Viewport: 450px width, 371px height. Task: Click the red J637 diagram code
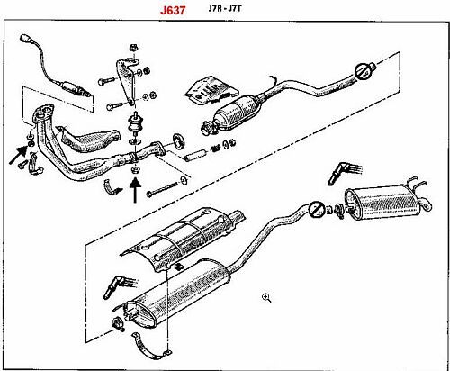[173, 10]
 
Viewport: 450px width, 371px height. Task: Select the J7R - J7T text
[225, 8]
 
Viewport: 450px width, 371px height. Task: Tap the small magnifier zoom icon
[266, 298]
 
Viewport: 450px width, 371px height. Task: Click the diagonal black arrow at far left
[19, 155]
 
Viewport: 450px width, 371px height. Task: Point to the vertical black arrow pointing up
[135, 191]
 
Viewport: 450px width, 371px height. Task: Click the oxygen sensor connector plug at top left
[25, 39]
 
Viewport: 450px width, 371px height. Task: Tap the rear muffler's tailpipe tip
[427, 204]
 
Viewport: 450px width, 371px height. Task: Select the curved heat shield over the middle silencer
[183, 239]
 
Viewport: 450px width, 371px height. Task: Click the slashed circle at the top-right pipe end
[361, 71]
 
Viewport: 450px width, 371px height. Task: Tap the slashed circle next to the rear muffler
[316, 209]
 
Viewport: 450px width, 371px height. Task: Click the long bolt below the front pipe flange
[163, 190]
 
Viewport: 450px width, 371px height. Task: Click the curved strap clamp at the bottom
[149, 348]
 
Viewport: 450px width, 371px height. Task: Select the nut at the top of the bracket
[132, 47]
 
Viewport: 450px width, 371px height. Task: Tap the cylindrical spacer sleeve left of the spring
[196, 154]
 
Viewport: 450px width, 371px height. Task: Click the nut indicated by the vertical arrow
[135, 170]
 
